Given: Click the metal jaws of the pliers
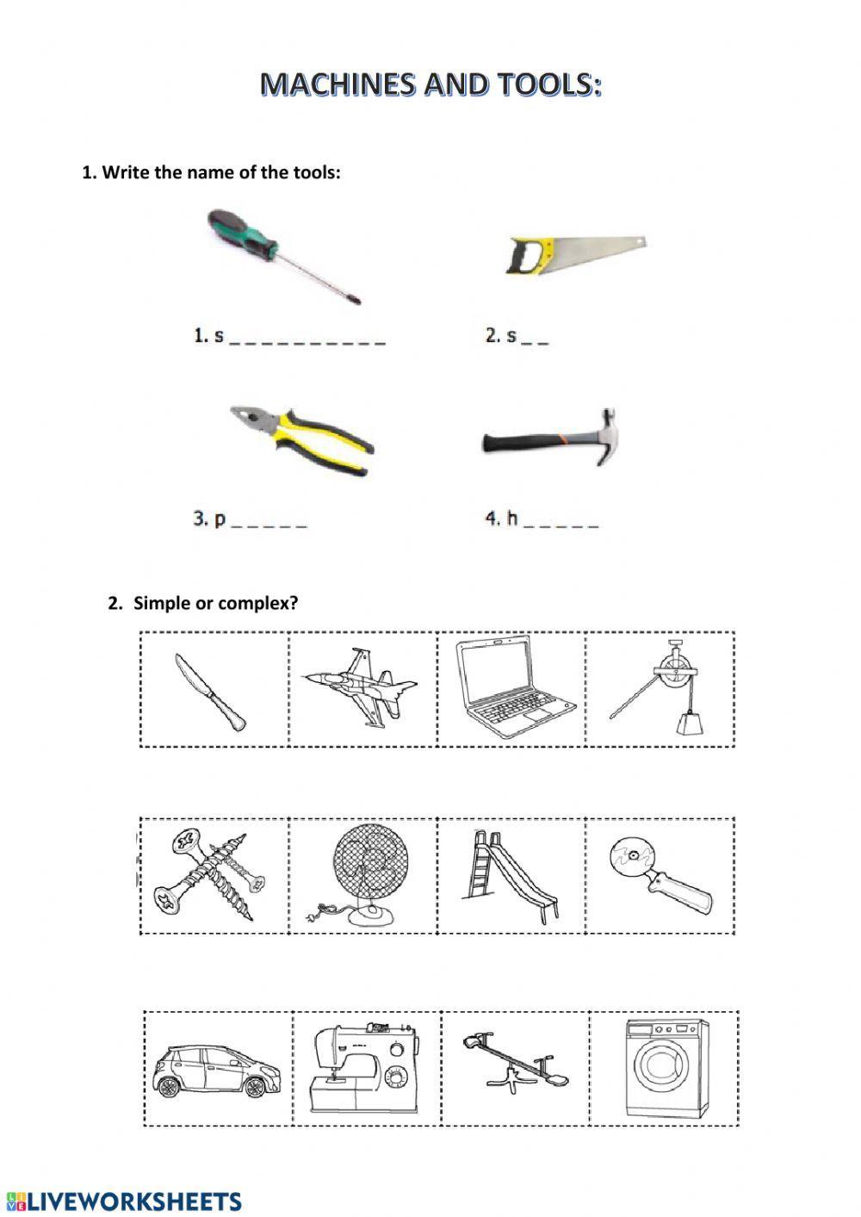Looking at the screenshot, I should click(x=250, y=419).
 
